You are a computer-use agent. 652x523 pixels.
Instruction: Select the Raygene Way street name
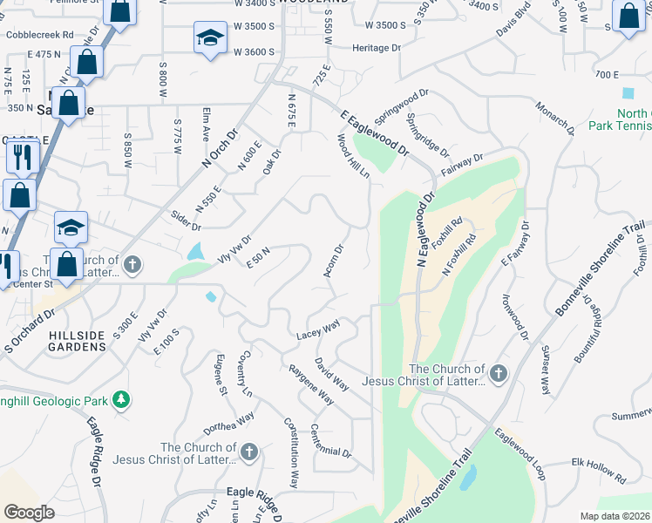tap(311, 383)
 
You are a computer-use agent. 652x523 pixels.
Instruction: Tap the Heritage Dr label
tap(377, 48)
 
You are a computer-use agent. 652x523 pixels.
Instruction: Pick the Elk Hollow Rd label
tap(599, 471)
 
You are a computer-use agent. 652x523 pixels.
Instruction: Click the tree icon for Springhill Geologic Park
tap(123, 400)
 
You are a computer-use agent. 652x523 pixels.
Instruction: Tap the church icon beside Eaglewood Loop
tap(498, 374)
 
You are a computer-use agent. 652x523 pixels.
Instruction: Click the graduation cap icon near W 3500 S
tap(209, 38)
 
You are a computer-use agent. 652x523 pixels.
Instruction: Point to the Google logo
tap(29, 513)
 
